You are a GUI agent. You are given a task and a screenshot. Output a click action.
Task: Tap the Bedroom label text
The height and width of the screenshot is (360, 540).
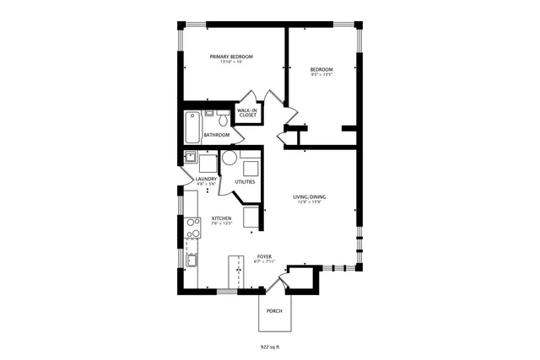coord(321,69)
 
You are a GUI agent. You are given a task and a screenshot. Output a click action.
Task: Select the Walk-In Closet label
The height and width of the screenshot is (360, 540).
coord(246,113)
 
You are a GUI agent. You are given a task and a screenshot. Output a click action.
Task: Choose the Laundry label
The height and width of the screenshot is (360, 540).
coord(206,179)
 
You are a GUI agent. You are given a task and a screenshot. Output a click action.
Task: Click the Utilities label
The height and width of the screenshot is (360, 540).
coord(245,182)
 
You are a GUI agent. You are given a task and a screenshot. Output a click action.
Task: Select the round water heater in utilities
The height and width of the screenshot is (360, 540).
coord(229,158)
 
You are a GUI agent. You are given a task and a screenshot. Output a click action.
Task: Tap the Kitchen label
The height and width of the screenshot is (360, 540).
coord(221,219)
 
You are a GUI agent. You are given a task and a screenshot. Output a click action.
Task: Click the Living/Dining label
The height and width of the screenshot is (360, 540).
coord(310,197)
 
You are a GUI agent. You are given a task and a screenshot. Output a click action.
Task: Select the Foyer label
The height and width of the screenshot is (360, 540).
coord(264,256)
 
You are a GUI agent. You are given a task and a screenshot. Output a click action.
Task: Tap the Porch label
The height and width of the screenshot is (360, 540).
coord(273,311)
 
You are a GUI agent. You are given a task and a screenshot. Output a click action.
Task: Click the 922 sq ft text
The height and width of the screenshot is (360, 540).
coord(270,346)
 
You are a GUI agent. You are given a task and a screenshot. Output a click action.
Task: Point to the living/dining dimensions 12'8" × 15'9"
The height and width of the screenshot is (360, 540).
coord(310,202)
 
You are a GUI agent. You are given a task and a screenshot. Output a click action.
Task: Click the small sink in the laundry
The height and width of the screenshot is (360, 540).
coord(192,157)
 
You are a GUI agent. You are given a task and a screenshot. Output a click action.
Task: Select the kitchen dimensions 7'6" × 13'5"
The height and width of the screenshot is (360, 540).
coord(221,224)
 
